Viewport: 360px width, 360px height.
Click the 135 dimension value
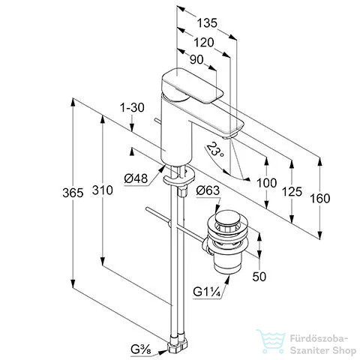pyautogui.click(x=207, y=23)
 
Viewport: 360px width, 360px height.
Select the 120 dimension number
pyautogui.click(x=204, y=43)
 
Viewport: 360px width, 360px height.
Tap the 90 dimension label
pyautogui.click(x=196, y=60)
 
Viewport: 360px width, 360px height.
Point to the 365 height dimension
pyautogui.click(x=73, y=193)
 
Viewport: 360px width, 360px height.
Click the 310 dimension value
pyautogui.click(x=103, y=190)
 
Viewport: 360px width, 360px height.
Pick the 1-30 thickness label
pyautogui.click(x=132, y=108)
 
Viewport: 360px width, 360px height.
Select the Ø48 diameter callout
pyautogui.click(x=136, y=178)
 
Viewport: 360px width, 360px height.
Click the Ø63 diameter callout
pyautogui.click(x=208, y=190)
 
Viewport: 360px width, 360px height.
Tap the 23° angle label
pyautogui.click(x=215, y=149)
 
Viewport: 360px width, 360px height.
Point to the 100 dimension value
pyautogui.click(x=267, y=183)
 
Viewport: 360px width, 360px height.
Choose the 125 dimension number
pyautogui.click(x=292, y=192)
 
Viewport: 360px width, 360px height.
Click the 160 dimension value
pyautogui.click(x=320, y=199)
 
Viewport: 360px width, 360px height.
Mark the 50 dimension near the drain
pyautogui.click(x=259, y=277)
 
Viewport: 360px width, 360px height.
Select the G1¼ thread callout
pyautogui.click(x=207, y=292)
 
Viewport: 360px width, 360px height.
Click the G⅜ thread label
pyautogui.click(x=141, y=349)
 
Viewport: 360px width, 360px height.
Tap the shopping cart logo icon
pyautogui.click(x=271, y=341)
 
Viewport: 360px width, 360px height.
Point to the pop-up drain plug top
pyautogui.click(x=228, y=217)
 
